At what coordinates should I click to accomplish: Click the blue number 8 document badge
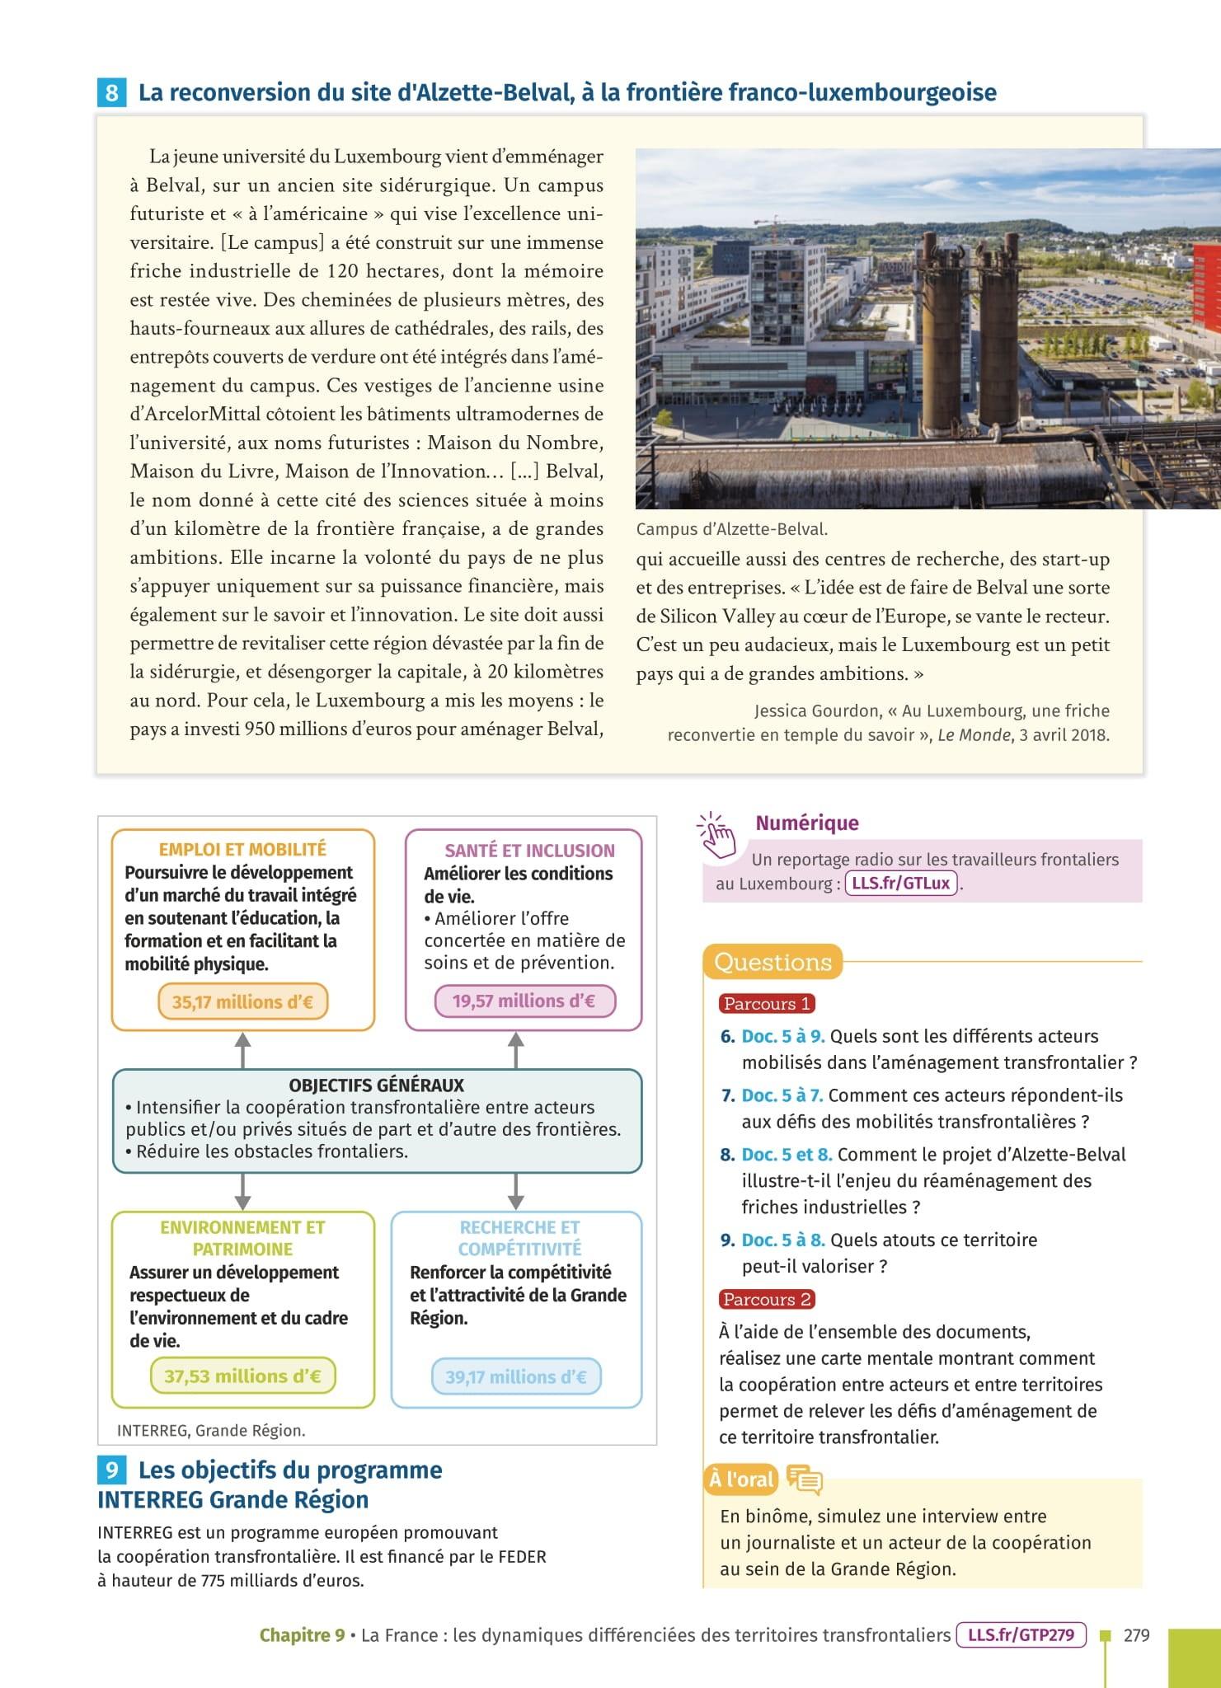click(111, 92)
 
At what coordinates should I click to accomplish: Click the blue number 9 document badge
click(111, 1470)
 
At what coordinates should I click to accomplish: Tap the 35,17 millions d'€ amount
click(242, 1002)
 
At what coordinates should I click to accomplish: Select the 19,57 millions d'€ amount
click(524, 1001)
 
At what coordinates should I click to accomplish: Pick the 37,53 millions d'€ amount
click(242, 1376)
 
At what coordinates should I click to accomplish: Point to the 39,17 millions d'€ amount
click(516, 1376)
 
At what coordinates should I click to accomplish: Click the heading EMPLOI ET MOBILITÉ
click(242, 849)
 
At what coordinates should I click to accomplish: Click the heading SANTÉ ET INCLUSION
click(529, 851)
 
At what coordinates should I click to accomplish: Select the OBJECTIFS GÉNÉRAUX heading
click(377, 1085)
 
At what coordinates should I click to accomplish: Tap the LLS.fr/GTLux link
click(901, 884)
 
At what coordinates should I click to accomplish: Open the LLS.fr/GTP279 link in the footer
click(1021, 1634)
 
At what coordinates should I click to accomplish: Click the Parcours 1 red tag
click(767, 1003)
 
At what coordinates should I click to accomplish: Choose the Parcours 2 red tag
click(767, 1299)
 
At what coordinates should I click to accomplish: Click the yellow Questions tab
click(773, 962)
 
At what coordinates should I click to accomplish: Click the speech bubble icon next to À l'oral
click(805, 1479)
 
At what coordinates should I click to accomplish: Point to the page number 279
click(1136, 1635)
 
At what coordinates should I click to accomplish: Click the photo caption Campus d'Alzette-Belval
click(731, 529)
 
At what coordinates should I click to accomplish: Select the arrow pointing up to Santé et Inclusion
click(516, 1050)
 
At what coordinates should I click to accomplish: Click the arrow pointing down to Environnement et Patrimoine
click(242, 1191)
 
